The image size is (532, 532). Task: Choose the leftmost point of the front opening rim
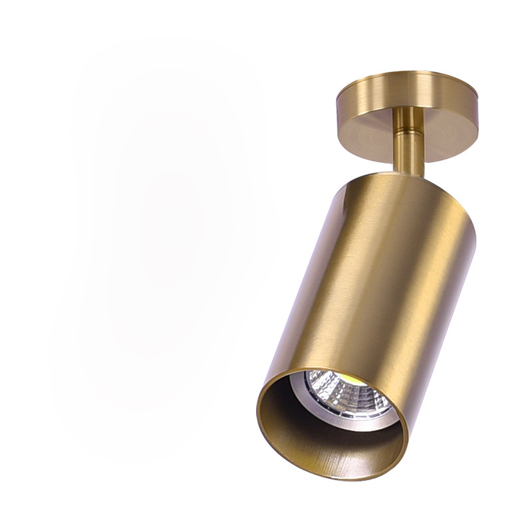[257, 406]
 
